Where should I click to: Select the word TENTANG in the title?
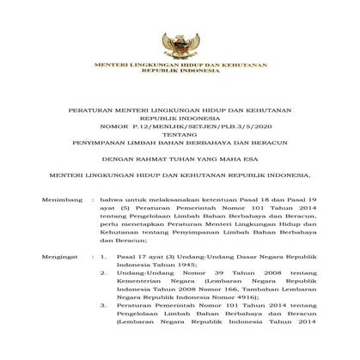pos(180,145)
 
